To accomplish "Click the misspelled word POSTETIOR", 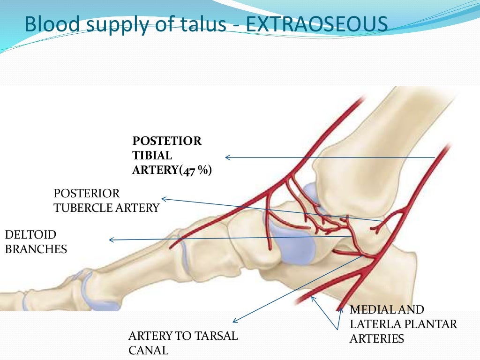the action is [167, 141].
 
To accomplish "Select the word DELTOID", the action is [30, 235].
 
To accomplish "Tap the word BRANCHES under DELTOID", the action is [36, 249].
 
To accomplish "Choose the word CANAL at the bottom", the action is [148, 350].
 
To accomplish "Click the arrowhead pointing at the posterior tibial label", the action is [227, 157].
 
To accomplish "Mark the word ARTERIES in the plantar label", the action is [376, 338].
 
